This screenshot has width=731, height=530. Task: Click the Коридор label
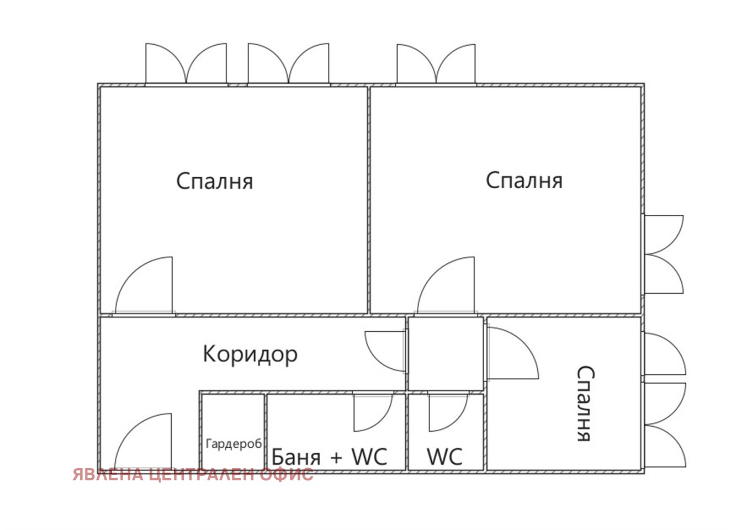pos(250,354)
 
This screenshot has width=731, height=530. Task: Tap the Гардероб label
pos(234,444)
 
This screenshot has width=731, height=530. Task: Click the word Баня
pos(296,457)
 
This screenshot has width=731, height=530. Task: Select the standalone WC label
pos(444,457)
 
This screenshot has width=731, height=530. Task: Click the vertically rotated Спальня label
pos(584,404)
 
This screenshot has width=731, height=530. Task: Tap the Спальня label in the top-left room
pos(215,181)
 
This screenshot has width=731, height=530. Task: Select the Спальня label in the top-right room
pos(524,181)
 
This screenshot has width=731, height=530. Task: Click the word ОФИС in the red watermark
pos(286,474)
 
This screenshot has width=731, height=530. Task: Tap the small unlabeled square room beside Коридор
pos(445,353)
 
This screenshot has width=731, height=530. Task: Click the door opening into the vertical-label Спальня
pos(511,353)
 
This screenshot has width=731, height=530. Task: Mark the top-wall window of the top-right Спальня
pos(436,65)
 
